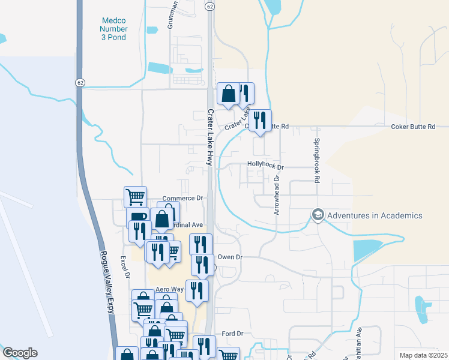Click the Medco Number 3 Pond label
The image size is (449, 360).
pos(113,29)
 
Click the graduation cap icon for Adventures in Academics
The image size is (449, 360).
pos(318,215)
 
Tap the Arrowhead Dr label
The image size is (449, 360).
pos(277,194)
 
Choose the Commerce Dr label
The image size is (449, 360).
pos(183,198)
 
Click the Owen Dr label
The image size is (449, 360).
pos(229,257)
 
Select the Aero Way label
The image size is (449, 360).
pos(169,289)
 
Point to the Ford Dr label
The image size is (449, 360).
pos(232,334)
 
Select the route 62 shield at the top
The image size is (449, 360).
pos(209,6)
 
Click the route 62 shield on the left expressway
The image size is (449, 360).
pos(80,83)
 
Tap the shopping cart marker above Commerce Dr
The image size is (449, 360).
pos(136,196)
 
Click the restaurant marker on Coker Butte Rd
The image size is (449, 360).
pos(260,119)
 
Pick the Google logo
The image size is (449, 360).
pos(20,353)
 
